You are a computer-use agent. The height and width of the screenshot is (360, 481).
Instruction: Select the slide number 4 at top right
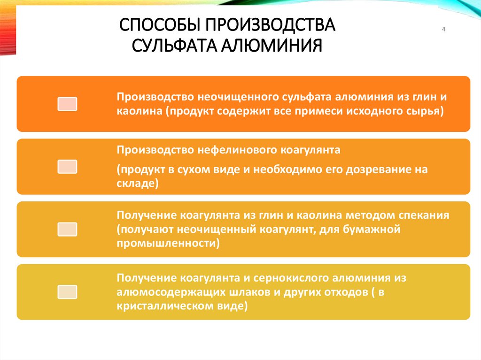point(443,31)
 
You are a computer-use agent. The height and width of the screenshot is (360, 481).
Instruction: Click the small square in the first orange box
point(67,104)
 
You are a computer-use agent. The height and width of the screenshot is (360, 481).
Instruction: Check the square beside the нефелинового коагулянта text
point(67,167)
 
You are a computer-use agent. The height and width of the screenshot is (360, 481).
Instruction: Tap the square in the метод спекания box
point(67,230)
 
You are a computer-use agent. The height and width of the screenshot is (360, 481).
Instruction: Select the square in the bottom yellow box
point(67,292)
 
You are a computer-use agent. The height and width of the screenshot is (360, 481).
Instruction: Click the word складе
point(135,184)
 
